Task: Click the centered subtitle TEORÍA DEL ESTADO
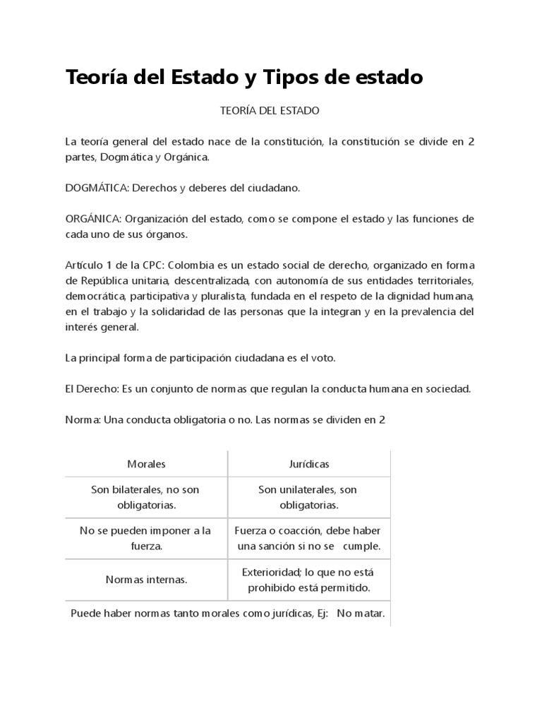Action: click(270, 111)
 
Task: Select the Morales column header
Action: click(146, 464)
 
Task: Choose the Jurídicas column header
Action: click(308, 464)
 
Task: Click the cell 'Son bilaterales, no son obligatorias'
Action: click(146, 498)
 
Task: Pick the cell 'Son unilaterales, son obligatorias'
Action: click(308, 498)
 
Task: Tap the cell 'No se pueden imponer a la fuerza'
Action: click(146, 539)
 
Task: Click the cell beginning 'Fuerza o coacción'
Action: click(308, 539)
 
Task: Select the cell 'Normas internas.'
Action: click(146, 580)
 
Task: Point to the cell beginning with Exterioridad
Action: click(308, 580)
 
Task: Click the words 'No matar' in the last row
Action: click(360, 614)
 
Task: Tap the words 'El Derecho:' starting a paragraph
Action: click(90, 389)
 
